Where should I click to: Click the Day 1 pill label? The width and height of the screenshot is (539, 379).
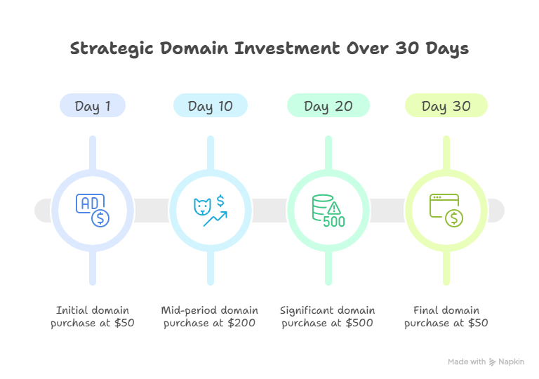point(92,106)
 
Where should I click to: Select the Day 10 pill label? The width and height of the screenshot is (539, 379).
point(210,106)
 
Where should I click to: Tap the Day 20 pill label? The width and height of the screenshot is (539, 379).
point(328,106)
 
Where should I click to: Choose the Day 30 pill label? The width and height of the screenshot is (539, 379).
point(446,106)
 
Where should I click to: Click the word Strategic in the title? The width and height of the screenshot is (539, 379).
point(112,49)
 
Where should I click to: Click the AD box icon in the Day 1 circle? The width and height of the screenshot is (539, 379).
point(88,204)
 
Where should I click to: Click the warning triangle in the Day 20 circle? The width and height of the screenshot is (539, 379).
point(334,208)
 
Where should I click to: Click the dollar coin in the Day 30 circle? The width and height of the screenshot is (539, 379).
point(453,218)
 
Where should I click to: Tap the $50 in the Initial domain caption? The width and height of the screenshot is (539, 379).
point(125,324)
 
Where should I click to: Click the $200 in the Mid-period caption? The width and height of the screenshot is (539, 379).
point(241,324)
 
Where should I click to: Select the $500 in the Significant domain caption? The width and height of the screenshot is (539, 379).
point(359,324)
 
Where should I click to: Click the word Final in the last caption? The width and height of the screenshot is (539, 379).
point(425,310)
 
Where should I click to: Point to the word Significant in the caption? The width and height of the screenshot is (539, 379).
point(306,310)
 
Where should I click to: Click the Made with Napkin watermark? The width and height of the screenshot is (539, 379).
point(486,362)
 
